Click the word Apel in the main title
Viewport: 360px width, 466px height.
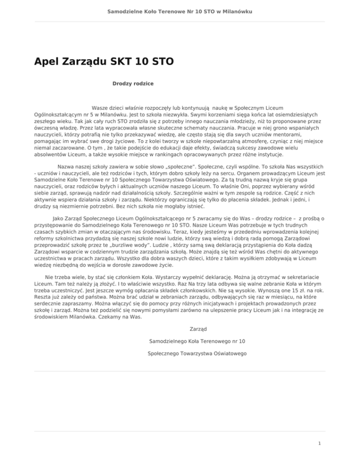[x=47, y=61]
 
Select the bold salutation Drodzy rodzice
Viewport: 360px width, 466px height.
[x=133, y=83]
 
